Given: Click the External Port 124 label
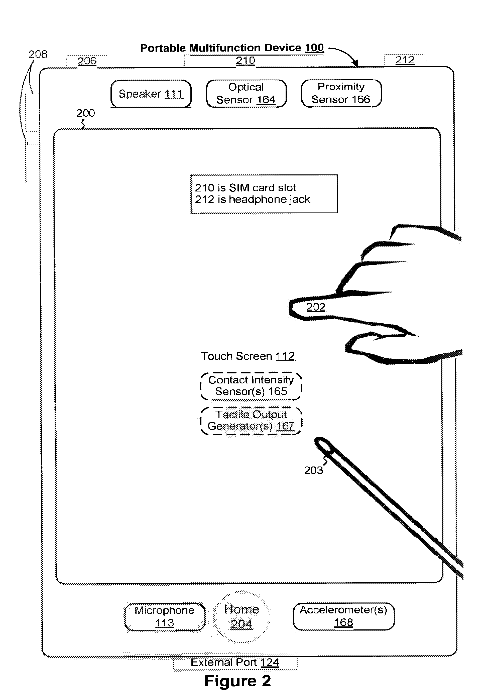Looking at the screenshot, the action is tap(235, 662).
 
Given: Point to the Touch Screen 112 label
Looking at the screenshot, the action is tap(248, 356).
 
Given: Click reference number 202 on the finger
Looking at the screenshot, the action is tap(316, 307).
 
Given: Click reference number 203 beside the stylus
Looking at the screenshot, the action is tap(313, 470).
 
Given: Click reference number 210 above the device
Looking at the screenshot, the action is tap(246, 61).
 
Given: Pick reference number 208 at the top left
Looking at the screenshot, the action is tap(38, 54).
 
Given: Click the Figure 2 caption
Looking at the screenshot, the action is tap(238, 681).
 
